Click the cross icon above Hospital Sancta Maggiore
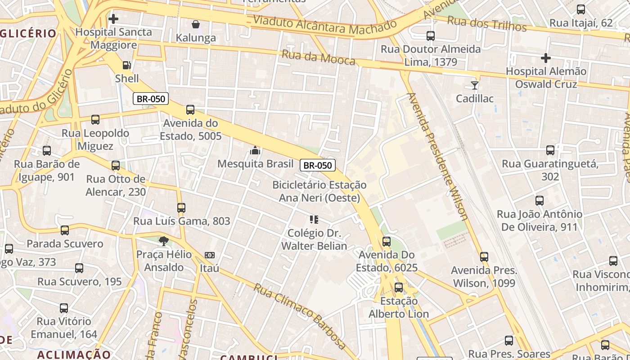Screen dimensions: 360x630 click(113, 19)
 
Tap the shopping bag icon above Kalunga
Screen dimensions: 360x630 click(196, 24)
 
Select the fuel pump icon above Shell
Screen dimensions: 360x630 click(127, 65)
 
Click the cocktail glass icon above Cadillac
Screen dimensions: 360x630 click(475, 85)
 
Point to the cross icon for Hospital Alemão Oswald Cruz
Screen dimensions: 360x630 click(546, 58)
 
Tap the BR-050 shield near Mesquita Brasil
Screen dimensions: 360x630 click(318, 165)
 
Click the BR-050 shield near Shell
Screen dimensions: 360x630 click(150, 99)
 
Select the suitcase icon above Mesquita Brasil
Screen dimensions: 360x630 click(255, 150)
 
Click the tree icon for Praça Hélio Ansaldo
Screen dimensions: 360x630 click(164, 241)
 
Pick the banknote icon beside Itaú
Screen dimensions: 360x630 click(210, 255)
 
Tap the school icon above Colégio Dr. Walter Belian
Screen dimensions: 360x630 click(314, 220)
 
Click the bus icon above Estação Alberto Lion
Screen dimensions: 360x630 click(399, 288)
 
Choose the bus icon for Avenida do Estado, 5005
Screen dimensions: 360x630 click(190, 110)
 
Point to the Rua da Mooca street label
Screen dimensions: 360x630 click(318, 58)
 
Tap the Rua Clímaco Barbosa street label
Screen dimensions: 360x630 click(299, 315)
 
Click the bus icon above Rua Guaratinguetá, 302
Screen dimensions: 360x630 click(550, 150)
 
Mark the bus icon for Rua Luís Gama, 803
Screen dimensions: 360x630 click(181, 208)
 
